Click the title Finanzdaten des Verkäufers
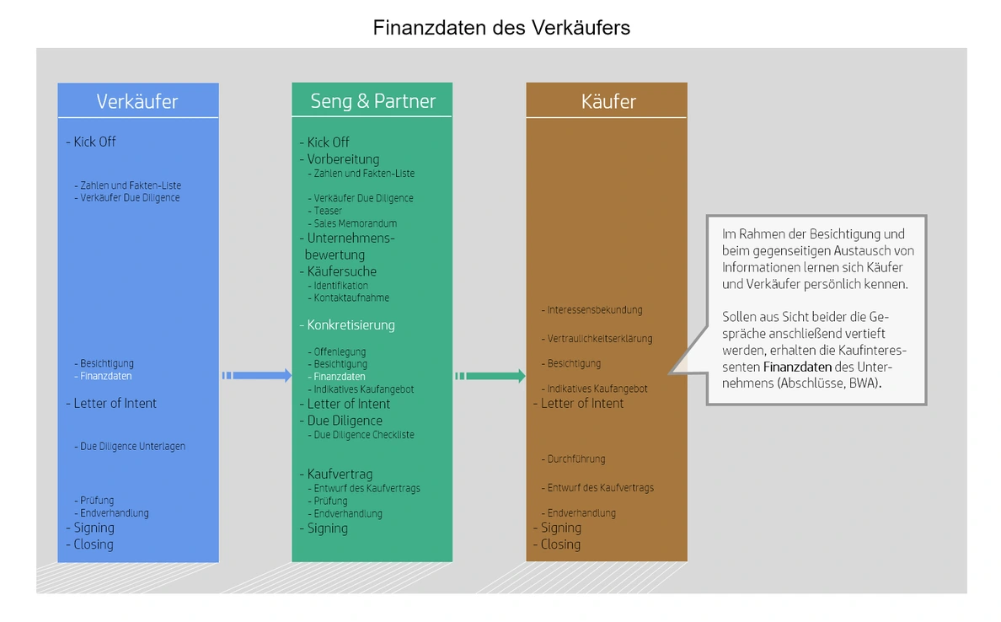pyautogui.click(x=501, y=28)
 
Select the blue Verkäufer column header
pyautogui.click(x=137, y=101)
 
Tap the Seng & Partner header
pyautogui.click(x=372, y=101)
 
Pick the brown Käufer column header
pyautogui.click(x=608, y=101)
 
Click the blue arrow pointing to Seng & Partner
pyautogui.click(x=257, y=376)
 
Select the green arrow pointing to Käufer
pyautogui.click(x=491, y=376)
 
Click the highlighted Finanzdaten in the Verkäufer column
pyautogui.click(x=106, y=377)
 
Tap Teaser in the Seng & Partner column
pyautogui.click(x=328, y=211)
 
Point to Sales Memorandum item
pyautogui.click(x=355, y=223)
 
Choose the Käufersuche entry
pyautogui.click(x=341, y=271)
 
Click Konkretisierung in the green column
pyautogui.click(x=351, y=324)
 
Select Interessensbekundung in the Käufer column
pyautogui.click(x=595, y=310)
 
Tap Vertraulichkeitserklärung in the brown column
pyautogui.click(x=600, y=339)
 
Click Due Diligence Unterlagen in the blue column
pyautogui.click(x=132, y=447)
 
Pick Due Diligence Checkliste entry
pyautogui.click(x=364, y=435)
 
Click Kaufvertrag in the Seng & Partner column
pyautogui.click(x=340, y=475)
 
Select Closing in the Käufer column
pyautogui.click(x=560, y=544)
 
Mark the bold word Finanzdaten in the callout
pyautogui.click(x=795, y=367)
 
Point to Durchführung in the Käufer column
pyautogui.click(x=576, y=459)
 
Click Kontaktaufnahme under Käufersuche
pyautogui.click(x=351, y=298)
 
